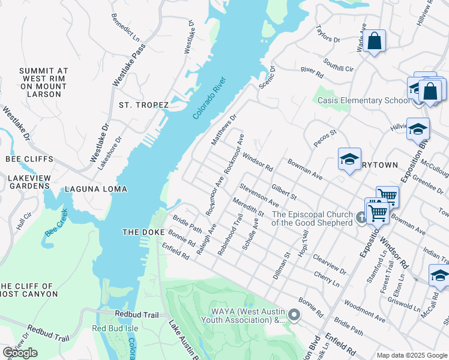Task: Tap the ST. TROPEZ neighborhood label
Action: pyautogui.click(x=143, y=105)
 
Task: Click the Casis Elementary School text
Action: pyautogui.click(x=363, y=100)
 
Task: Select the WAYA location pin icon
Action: pyautogui.click(x=294, y=314)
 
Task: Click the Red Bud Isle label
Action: pyautogui.click(x=115, y=328)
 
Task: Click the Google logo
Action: pyautogui.click(x=20, y=353)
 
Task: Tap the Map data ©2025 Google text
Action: pyautogui.click(x=411, y=355)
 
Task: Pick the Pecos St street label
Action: pyautogui.click(x=325, y=138)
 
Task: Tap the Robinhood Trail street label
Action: pyautogui.click(x=230, y=236)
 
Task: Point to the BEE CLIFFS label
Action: pyautogui.click(x=29, y=159)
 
